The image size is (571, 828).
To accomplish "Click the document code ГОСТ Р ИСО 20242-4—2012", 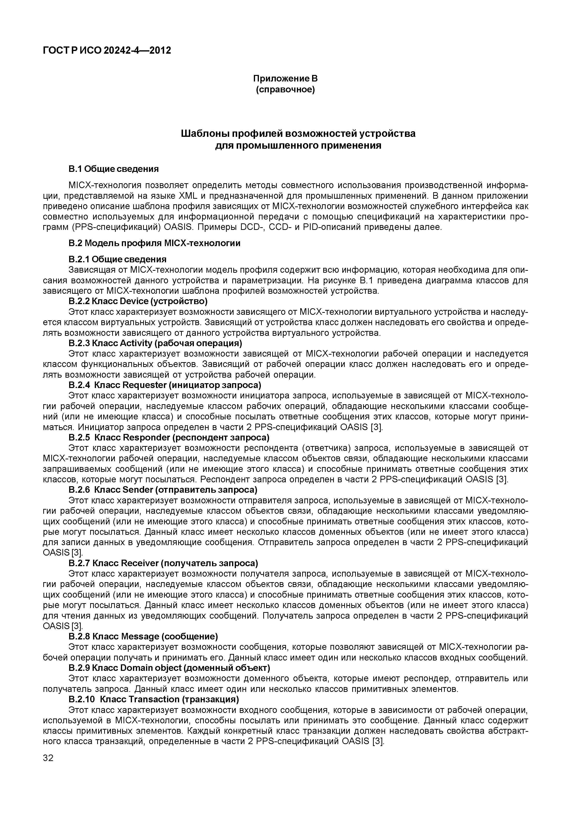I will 107,51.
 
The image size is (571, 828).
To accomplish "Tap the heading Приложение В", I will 285,78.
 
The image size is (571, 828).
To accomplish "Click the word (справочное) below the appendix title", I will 285,89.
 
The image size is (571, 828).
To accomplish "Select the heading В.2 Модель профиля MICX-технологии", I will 154,243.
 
